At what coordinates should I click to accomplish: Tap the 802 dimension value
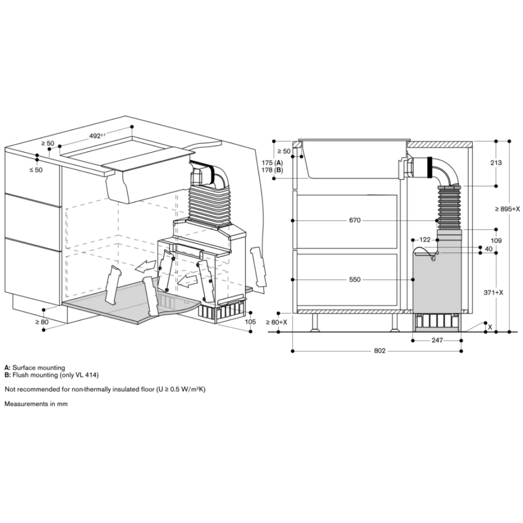tap(380, 351)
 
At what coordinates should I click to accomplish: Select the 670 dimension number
tap(355, 221)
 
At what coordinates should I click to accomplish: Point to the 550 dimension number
tap(355, 279)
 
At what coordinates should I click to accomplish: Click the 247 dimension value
tap(437, 340)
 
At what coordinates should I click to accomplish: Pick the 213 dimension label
tap(496, 163)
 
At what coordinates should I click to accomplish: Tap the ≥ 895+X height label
tap(507, 209)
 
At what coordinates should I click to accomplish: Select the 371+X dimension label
tap(493, 292)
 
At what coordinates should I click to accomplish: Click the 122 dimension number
tap(425, 240)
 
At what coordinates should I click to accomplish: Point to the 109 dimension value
tap(496, 241)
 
